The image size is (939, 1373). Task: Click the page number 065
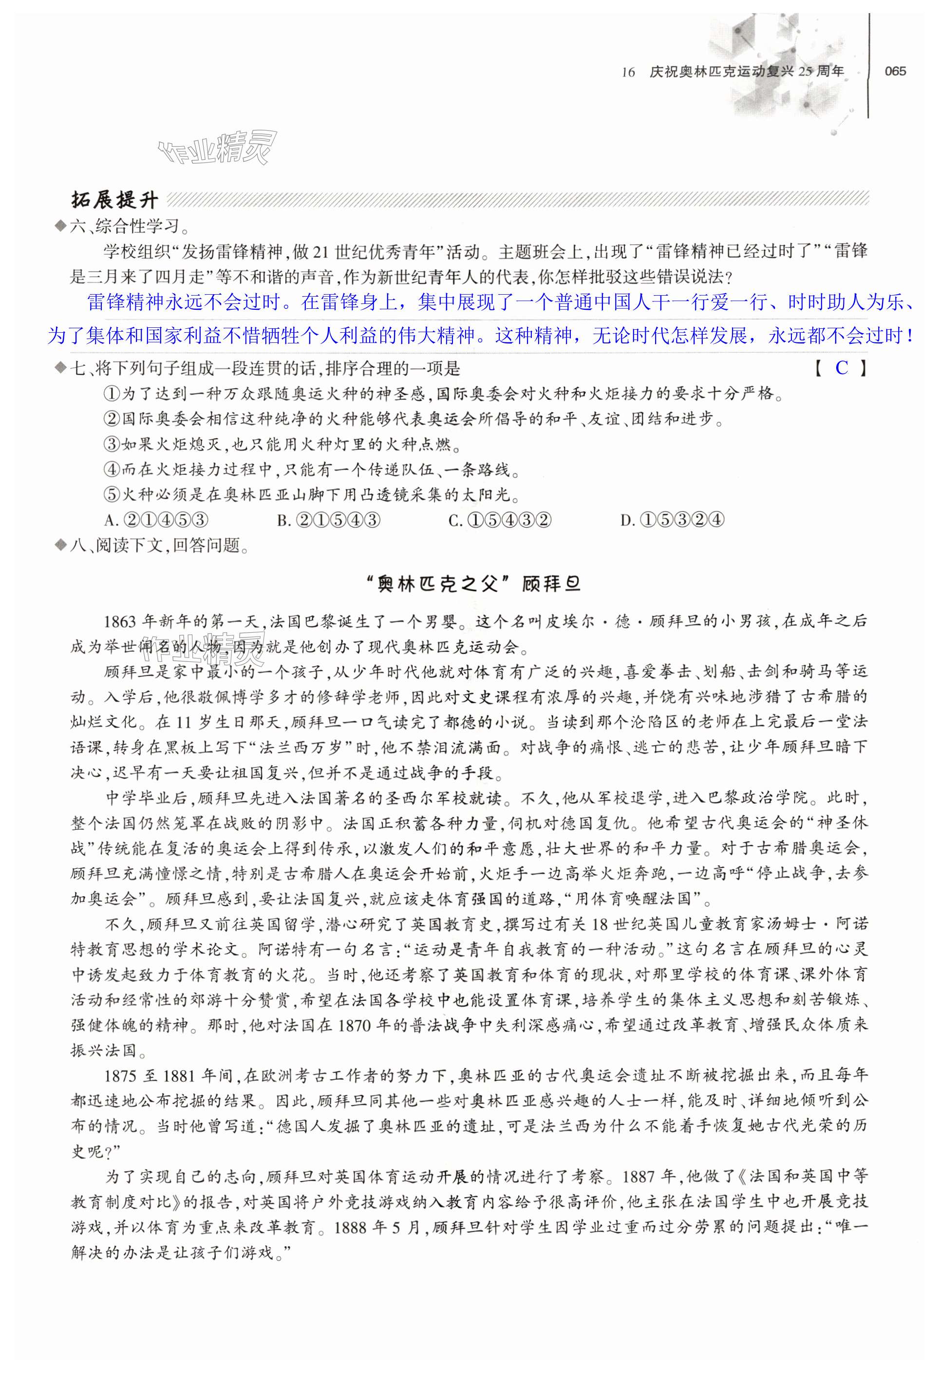895,72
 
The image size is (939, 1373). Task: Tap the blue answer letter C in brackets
842,368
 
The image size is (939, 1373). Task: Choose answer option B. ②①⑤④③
329,520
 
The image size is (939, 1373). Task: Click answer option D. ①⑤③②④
673,520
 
